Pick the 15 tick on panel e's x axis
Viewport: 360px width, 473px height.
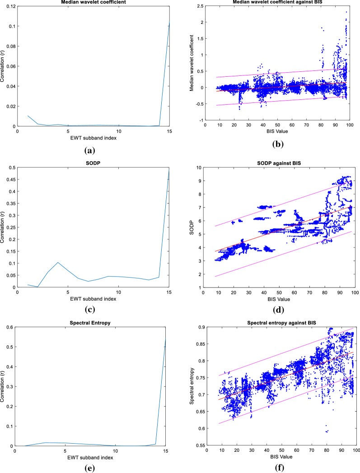point(169,452)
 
